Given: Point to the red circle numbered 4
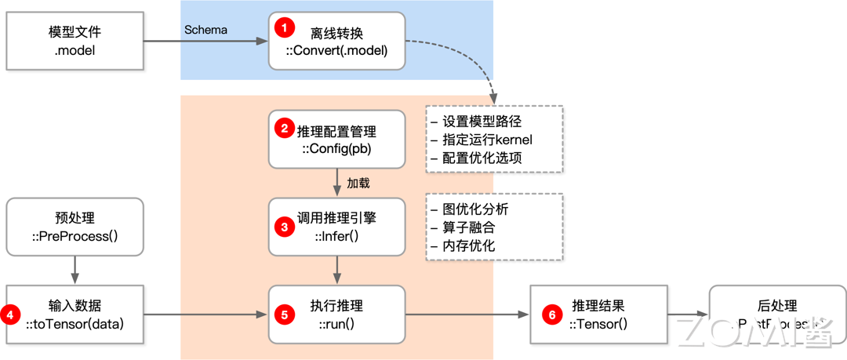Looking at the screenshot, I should [x=11, y=315].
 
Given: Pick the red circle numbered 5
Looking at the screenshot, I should [x=284, y=315].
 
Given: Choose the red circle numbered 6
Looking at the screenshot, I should [x=552, y=315].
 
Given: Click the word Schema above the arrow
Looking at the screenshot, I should [x=205, y=30].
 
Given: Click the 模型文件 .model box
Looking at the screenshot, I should [x=75, y=42].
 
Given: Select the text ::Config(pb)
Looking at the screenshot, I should [x=336, y=149].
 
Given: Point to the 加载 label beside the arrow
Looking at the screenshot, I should [x=358, y=183].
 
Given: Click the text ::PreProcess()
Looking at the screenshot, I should [x=75, y=236].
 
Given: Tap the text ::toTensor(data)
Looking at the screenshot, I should [x=75, y=323].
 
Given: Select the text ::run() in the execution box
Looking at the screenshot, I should [x=336, y=323].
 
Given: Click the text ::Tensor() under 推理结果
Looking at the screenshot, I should [x=598, y=323].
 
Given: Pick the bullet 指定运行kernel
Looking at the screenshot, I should [x=482, y=140].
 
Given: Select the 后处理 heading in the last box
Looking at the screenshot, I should [x=776, y=306].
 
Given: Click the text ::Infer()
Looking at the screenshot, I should [x=336, y=236].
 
